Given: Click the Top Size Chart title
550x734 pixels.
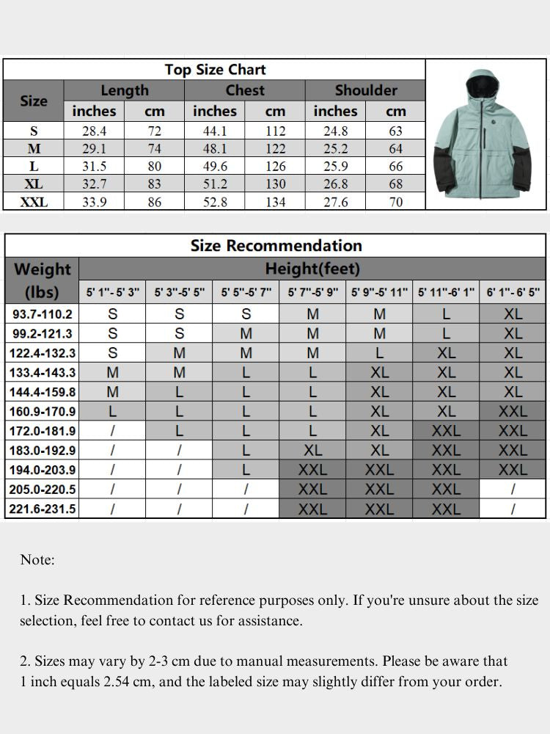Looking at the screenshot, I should (x=215, y=70).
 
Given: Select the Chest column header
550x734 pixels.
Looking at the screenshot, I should (x=245, y=90).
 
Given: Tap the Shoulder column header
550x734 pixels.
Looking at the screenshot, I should (x=365, y=90).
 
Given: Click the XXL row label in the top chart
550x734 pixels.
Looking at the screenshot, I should (x=34, y=202).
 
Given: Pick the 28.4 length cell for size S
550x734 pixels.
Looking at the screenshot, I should (x=95, y=131).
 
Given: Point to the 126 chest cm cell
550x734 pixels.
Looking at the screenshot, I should (x=275, y=167).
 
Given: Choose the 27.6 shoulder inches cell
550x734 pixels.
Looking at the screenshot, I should (x=335, y=202).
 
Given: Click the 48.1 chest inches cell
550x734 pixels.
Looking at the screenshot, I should (x=215, y=149).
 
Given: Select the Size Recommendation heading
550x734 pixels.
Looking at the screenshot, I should (x=276, y=245).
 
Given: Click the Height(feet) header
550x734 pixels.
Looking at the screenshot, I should (x=312, y=269).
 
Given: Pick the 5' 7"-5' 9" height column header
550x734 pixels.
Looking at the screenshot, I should (x=312, y=292).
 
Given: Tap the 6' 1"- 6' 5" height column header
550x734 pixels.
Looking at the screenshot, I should (x=513, y=292).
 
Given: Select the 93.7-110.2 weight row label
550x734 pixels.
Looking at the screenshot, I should (x=42, y=314).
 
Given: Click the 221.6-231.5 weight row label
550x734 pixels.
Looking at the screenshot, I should (x=42, y=508).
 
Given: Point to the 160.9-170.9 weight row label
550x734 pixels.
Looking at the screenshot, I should (x=42, y=411).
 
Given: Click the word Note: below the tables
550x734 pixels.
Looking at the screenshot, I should (x=37, y=560).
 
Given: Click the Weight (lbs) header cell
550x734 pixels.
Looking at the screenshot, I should (x=42, y=280).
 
